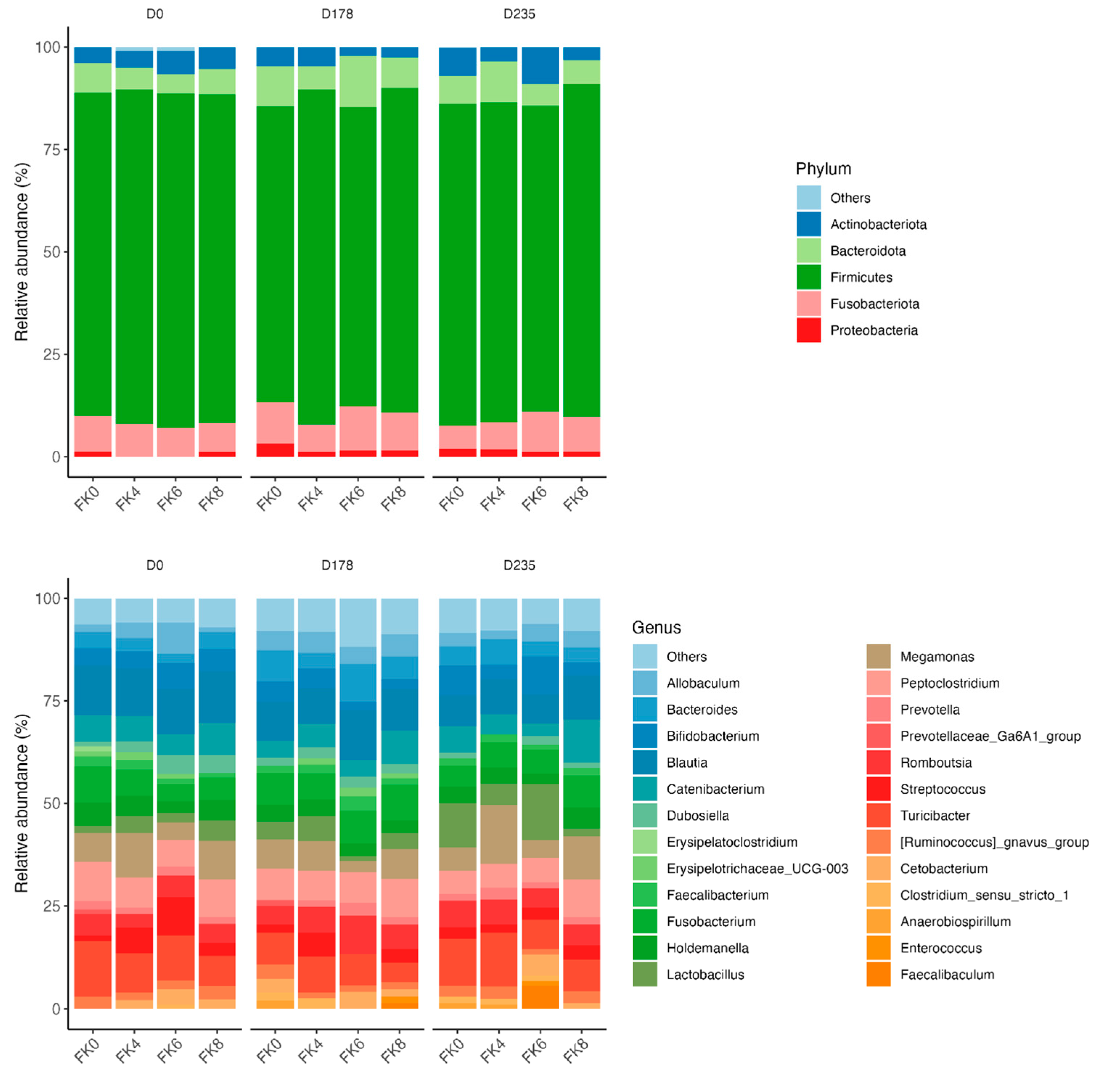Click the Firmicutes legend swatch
(808, 277)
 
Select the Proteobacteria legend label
(873, 330)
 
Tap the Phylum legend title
(823, 169)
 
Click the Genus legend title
(656, 627)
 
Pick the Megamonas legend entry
(937, 657)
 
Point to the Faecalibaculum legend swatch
(878, 975)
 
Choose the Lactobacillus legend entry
(705, 975)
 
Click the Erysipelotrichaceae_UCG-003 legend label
(757, 868)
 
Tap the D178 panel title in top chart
(337, 14)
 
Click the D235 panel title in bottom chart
(519, 565)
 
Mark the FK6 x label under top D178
(352, 499)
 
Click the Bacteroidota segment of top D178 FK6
(358, 81)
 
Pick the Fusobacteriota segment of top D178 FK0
(275, 422)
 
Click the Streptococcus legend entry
(942, 789)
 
